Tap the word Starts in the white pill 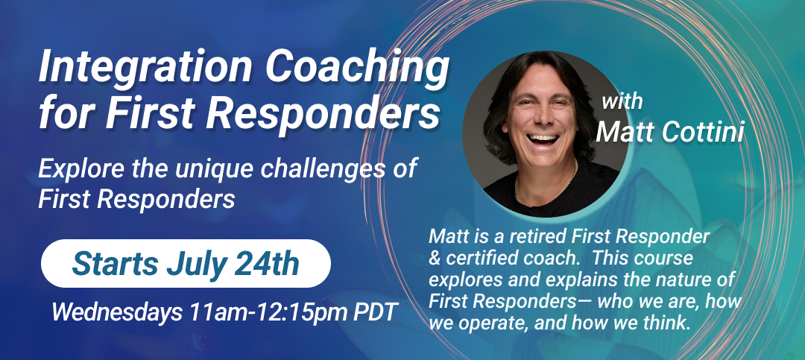click(116, 264)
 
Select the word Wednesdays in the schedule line click(116, 312)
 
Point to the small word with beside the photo click(622, 101)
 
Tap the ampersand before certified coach click(435, 258)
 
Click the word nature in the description click(682, 280)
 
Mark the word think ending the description click(666, 323)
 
